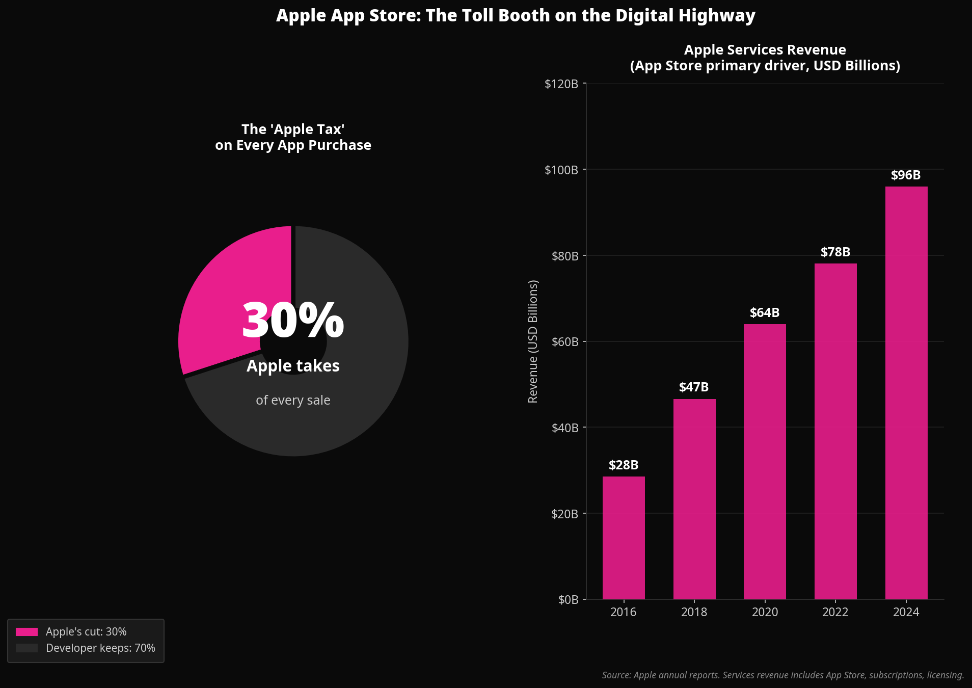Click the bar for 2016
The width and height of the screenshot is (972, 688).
[624, 538]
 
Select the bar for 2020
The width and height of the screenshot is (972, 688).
[765, 461]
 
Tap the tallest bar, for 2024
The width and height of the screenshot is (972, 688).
[906, 392]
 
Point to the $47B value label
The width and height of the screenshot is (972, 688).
[694, 387]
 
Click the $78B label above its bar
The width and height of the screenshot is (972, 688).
[835, 252]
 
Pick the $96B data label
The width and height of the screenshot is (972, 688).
[906, 175]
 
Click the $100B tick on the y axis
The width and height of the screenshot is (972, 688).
[561, 170]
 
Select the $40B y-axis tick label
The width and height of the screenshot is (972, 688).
[565, 428]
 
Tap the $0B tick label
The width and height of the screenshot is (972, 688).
[568, 600]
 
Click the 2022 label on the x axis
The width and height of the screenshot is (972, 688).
[835, 612]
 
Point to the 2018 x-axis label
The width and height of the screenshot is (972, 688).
[694, 612]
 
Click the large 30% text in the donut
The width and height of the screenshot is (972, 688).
[293, 321]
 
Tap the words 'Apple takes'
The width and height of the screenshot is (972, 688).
[293, 366]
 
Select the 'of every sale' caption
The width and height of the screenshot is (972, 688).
[293, 401]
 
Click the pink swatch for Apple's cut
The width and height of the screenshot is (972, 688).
[26, 632]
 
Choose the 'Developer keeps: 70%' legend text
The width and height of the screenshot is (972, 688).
[100, 648]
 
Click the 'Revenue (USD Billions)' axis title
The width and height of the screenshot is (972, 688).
[533, 341]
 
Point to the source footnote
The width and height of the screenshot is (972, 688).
[782, 675]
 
